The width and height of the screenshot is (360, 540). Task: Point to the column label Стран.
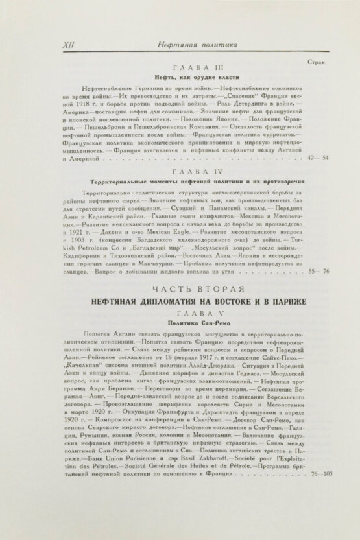coord(315,63)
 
